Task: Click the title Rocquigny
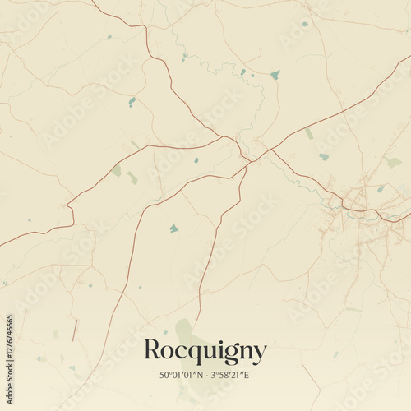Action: (205, 352)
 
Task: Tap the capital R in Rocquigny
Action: (152, 350)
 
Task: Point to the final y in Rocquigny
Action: (260, 354)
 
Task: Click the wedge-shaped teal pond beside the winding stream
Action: (275, 75)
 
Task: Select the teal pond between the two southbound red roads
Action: (173, 229)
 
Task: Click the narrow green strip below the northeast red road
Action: (308, 133)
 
